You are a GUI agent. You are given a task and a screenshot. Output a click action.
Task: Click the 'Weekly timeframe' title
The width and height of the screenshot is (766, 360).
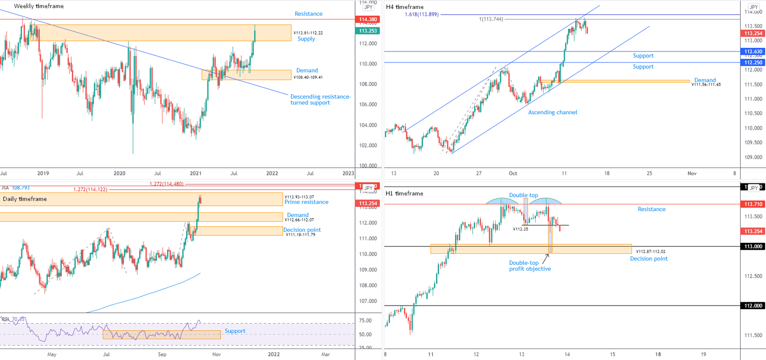click(38, 6)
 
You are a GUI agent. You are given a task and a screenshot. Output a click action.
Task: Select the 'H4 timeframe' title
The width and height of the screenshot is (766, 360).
click(404, 7)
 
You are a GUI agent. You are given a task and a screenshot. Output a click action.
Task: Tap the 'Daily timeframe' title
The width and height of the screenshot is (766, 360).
click(25, 199)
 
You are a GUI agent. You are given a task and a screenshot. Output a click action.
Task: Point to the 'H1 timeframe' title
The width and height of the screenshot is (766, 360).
click(404, 192)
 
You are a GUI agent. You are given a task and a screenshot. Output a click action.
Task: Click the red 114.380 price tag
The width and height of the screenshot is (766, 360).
click(367, 19)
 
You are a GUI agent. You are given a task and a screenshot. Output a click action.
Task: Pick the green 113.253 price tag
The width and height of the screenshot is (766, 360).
click(367, 31)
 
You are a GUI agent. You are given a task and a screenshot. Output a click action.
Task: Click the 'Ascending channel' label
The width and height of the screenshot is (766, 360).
click(553, 112)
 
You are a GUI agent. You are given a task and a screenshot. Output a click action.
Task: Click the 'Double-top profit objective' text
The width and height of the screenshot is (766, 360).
click(530, 266)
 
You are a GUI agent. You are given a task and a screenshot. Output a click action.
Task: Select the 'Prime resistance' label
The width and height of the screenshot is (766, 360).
click(306, 202)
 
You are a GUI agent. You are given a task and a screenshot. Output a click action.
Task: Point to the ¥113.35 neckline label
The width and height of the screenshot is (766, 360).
click(520, 229)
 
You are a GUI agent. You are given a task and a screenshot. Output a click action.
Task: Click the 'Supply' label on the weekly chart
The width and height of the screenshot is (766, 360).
click(306, 39)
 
